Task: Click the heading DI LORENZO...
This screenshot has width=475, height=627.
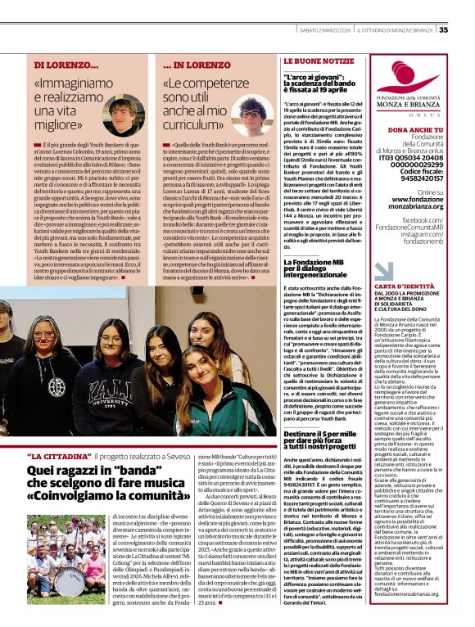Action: tap(66, 64)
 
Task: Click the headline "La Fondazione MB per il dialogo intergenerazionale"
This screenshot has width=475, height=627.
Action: tap(321, 267)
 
